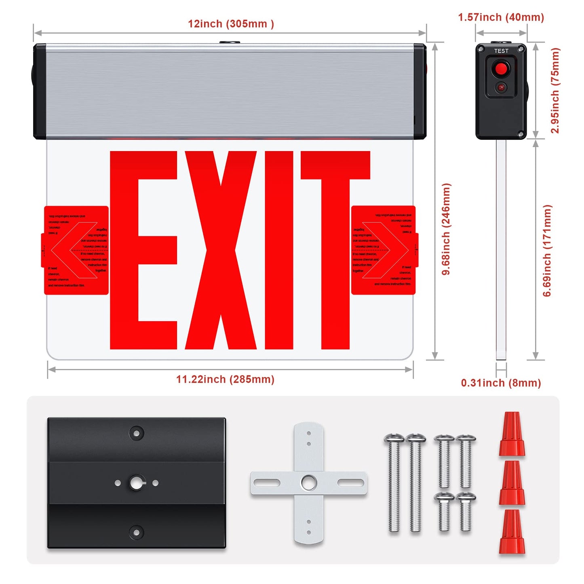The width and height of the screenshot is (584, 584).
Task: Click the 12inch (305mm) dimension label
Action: (231, 24)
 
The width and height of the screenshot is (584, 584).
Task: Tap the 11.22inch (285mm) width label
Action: (225, 379)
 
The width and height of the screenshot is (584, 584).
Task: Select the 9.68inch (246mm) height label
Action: (446, 229)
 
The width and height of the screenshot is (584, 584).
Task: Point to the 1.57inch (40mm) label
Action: (501, 17)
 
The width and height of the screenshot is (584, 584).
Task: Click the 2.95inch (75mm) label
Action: (555, 91)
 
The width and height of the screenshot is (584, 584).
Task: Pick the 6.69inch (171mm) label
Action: (547, 251)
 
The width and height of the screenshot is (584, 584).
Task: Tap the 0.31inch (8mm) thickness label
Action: (501, 383)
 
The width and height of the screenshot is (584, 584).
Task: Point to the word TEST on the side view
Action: (501, 51)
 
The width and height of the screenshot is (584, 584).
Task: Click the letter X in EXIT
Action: (221, 250)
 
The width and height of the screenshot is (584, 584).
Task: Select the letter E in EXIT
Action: (143, 250)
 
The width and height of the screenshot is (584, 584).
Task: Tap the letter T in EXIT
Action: (335, 250)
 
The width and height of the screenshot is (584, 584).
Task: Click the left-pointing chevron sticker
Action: (76, 250)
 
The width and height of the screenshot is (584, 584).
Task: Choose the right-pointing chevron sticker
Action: (384, 250)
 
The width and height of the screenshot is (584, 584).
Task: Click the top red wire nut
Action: (512, 434)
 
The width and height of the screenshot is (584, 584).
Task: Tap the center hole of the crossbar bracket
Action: (309, 483)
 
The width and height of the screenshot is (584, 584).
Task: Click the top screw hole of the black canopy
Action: (137, 434)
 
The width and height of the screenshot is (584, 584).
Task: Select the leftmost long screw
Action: (394, 483)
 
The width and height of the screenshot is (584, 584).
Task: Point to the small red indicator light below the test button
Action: (501, 87)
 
